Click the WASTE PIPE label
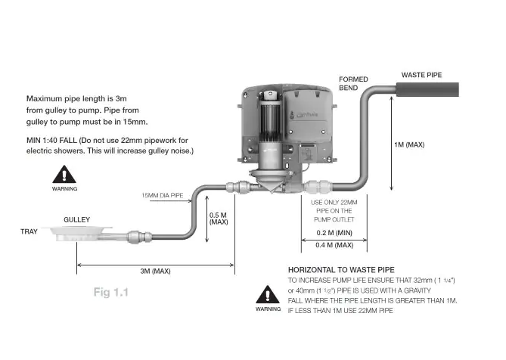pos(421,75)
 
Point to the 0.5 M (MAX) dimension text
pos(219,219)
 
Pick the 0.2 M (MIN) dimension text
pos(334,233)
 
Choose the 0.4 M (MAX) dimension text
pos(334,246)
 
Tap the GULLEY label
pos(76,220)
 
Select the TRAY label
pos(29,232)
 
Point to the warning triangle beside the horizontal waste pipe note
pos(267,295)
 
